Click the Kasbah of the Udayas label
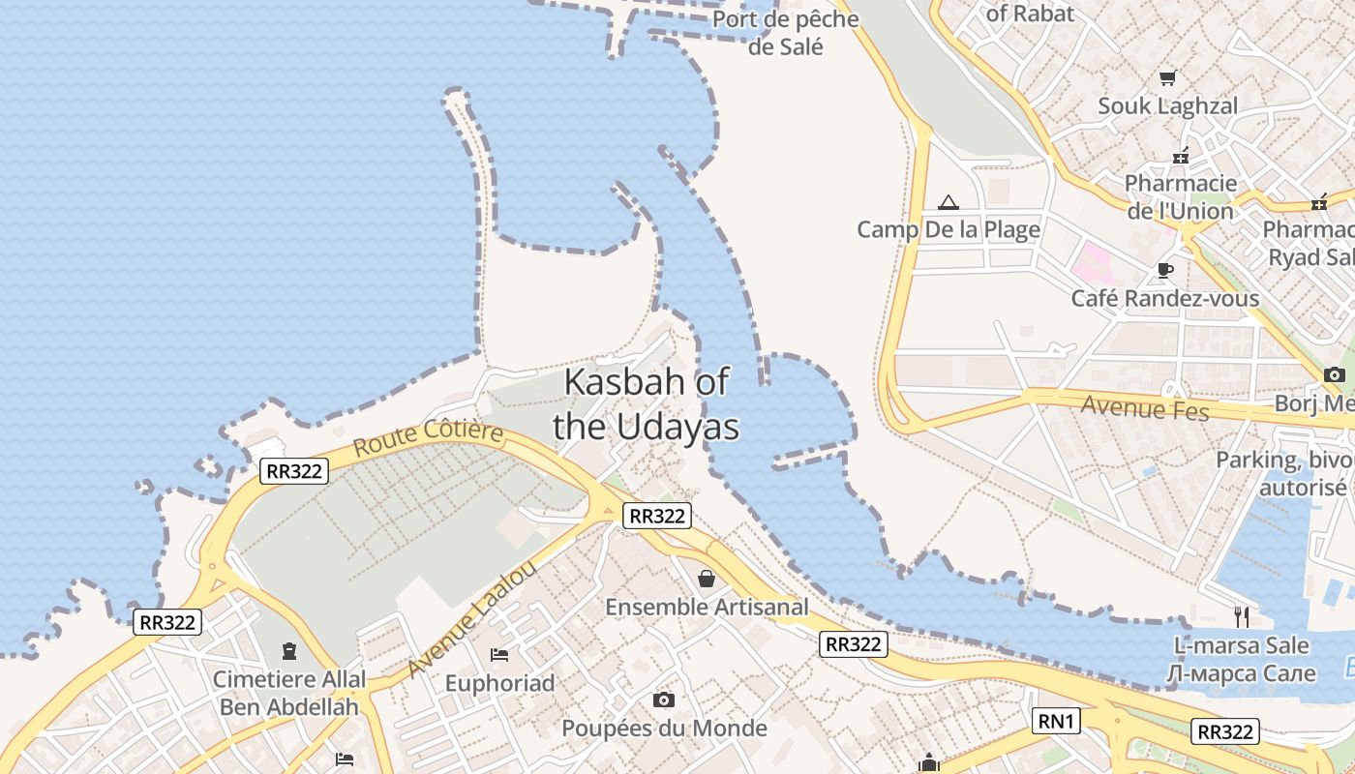(646, 403)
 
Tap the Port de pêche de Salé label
(785, 32)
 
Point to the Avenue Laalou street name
(471, 620)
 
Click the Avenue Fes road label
(1145, 408)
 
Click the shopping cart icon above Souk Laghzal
(1168, 77)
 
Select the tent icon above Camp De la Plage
(948, 202)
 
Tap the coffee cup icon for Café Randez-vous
(1165, 270)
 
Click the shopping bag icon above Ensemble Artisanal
(707, 579)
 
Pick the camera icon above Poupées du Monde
(664, 700)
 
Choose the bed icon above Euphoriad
(499, 655)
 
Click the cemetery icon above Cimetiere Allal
(288, 651)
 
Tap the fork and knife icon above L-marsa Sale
(1243, 616)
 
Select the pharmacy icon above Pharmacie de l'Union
(1181, 155)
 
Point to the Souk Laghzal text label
(1167, 106)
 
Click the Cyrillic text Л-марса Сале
(1242, 673)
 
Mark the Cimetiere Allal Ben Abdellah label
(288, 693)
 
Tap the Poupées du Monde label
(664, 729)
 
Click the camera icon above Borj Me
(1335, 375)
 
